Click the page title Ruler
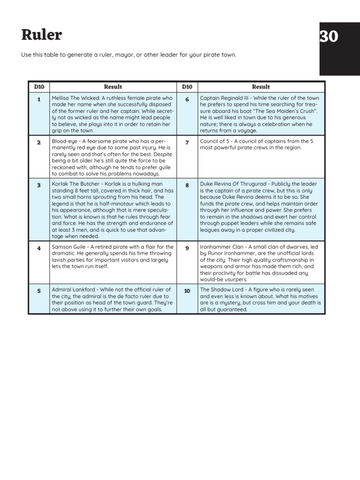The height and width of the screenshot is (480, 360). tap(41, 35)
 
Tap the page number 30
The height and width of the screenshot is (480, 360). tap(329, 37)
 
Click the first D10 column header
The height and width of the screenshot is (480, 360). tap(39, 87)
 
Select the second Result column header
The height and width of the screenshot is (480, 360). tap(261, 87)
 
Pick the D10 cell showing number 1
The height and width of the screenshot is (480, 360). tap(39, 99)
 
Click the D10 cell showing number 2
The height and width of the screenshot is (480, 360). tap(39, 142)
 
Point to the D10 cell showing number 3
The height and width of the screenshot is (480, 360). tap(39, 185)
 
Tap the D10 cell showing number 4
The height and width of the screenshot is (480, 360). tap(39, 248)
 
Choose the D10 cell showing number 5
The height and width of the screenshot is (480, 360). tap(39, 291)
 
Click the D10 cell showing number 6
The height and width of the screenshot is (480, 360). tap(187, 99)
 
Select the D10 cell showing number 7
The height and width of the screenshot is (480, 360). tap(187, 142)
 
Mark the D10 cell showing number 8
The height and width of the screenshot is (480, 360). tap(187, 185)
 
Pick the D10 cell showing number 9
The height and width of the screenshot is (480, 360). tap(187, 248)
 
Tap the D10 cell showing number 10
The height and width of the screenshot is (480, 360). tap(187, 291)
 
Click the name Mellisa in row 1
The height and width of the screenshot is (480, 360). tap(60, 98)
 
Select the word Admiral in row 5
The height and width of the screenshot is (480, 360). tap(62, 289)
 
